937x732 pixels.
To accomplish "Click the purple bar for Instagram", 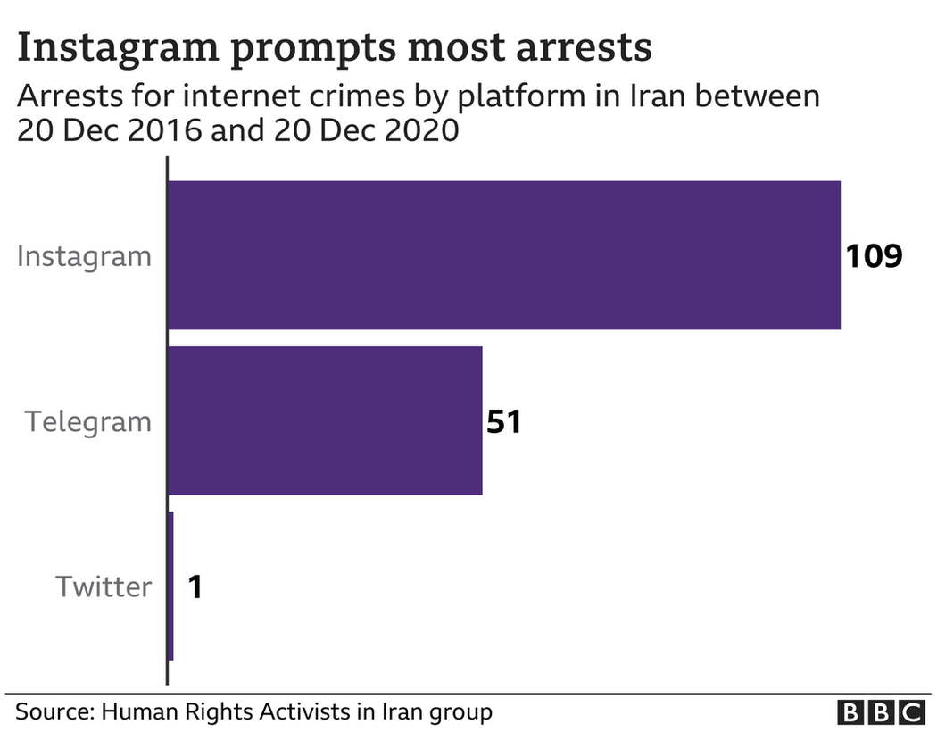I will click(x=504, y=255).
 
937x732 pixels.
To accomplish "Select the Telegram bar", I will click(x=326, y=420).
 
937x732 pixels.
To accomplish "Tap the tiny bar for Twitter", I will click(x=170, y=586).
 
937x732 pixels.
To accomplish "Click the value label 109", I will click(x=875, y=256).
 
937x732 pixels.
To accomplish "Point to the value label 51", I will click(x=503, y=421).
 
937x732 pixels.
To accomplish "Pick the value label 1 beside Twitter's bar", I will click(x=195, y=587).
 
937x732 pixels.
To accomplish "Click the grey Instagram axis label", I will click(x=85, y=257).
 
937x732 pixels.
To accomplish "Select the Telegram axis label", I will click(x=88, y=421).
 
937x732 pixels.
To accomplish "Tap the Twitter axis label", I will click(x=104, y=586).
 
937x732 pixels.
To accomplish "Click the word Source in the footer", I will click(x=54, y=712).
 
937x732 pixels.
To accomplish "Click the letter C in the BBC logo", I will click(x=911, y=712).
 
